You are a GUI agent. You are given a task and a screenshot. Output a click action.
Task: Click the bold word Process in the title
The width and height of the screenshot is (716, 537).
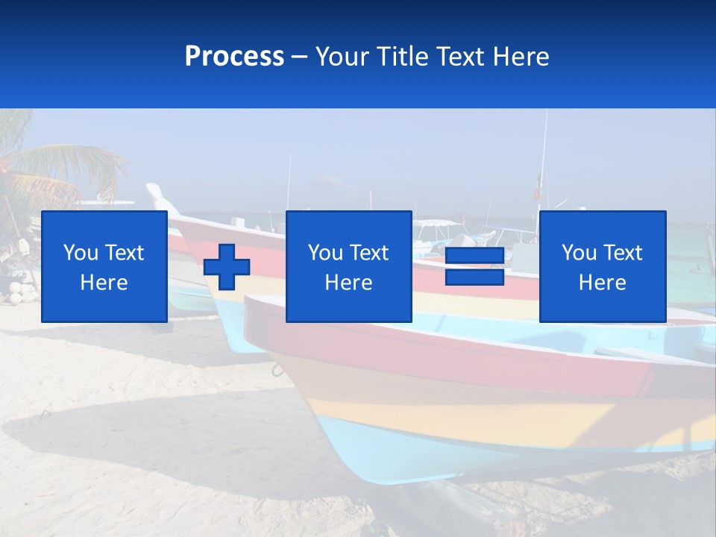(234, 57)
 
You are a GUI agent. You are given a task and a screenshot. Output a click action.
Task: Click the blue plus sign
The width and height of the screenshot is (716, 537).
(227, 267)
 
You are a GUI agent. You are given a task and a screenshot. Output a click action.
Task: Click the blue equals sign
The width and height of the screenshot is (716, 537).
(474, 267)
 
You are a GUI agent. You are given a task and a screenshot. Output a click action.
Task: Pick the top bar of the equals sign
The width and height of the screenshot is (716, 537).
(474, 257)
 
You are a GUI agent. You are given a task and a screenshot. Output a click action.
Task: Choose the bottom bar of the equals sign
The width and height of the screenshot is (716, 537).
(474, 277)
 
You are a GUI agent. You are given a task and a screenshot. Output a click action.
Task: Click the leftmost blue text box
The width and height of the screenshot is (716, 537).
(104, 266)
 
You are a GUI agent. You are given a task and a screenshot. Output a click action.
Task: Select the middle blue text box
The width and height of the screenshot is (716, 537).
(348, 266)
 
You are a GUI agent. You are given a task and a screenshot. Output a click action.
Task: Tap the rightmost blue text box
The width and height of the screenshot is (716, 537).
(602, 266)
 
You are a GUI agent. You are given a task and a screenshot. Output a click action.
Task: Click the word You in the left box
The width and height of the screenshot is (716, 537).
(81, 253)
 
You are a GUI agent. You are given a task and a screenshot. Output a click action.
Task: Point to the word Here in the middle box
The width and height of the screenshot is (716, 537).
(348, 283)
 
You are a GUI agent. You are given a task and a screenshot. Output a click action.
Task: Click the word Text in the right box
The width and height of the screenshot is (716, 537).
(623, 253)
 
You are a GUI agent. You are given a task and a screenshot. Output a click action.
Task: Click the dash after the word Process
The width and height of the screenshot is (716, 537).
(299, 57)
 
